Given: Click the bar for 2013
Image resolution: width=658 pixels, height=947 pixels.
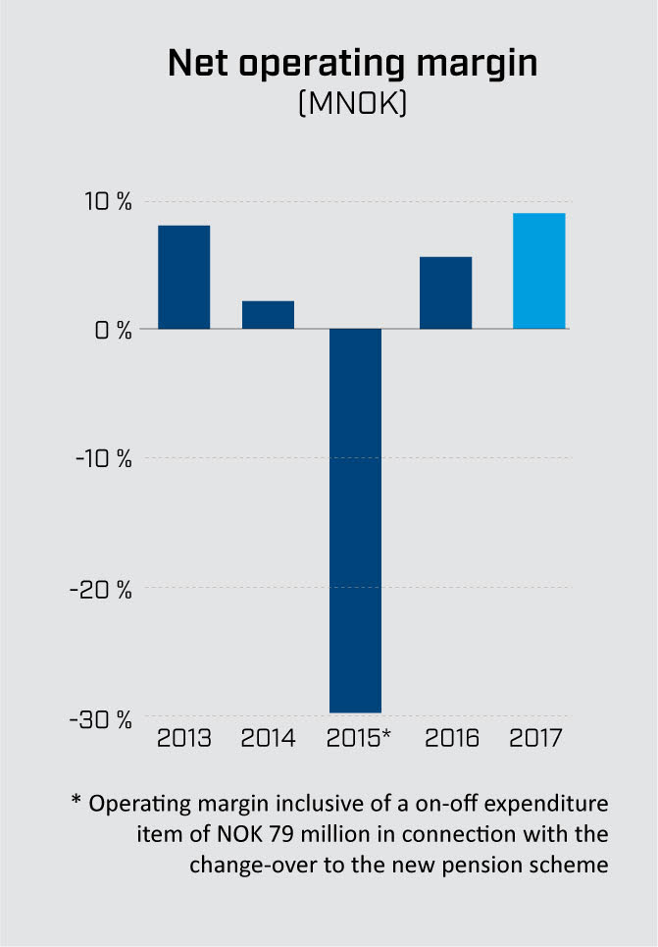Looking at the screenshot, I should (x=184, y=277).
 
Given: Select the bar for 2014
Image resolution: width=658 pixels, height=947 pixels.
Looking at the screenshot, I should (x=268, y=314).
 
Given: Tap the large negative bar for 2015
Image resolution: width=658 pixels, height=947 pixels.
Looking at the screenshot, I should (x=355, y=520).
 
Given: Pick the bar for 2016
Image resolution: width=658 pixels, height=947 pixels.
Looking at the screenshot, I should (x=445, y=292).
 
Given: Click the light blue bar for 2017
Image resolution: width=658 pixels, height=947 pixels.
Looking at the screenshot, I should (x=538, y=271).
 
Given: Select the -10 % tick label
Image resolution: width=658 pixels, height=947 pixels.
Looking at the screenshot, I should (x=103, y=459).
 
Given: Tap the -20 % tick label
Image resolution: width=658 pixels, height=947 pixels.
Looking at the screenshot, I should (x=103, y=589).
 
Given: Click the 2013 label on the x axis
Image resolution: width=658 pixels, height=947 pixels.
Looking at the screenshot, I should (x=184, y=738).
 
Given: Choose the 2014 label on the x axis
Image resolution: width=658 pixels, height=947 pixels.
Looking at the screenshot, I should (x=268, y=738).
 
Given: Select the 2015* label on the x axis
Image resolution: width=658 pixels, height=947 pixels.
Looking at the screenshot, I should (x=357, y=738).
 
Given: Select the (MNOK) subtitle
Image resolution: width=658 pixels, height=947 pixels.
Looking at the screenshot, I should (x=352, y=104).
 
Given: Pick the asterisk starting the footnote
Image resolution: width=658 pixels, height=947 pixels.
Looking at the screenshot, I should (x=76, y=801).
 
